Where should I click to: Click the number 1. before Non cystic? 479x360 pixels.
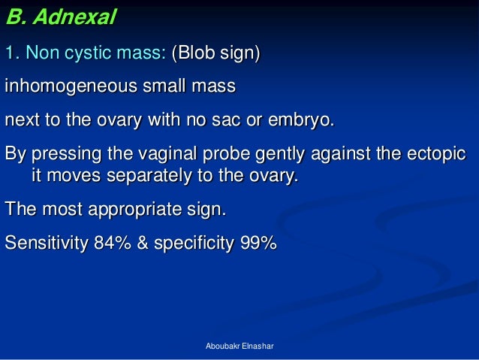pyautogui.click(x=13, y=54)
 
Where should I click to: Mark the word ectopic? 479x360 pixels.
pyautogui.click(x=434, y=154)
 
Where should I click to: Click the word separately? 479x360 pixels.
pyautogui.click(x=150, y=177)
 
